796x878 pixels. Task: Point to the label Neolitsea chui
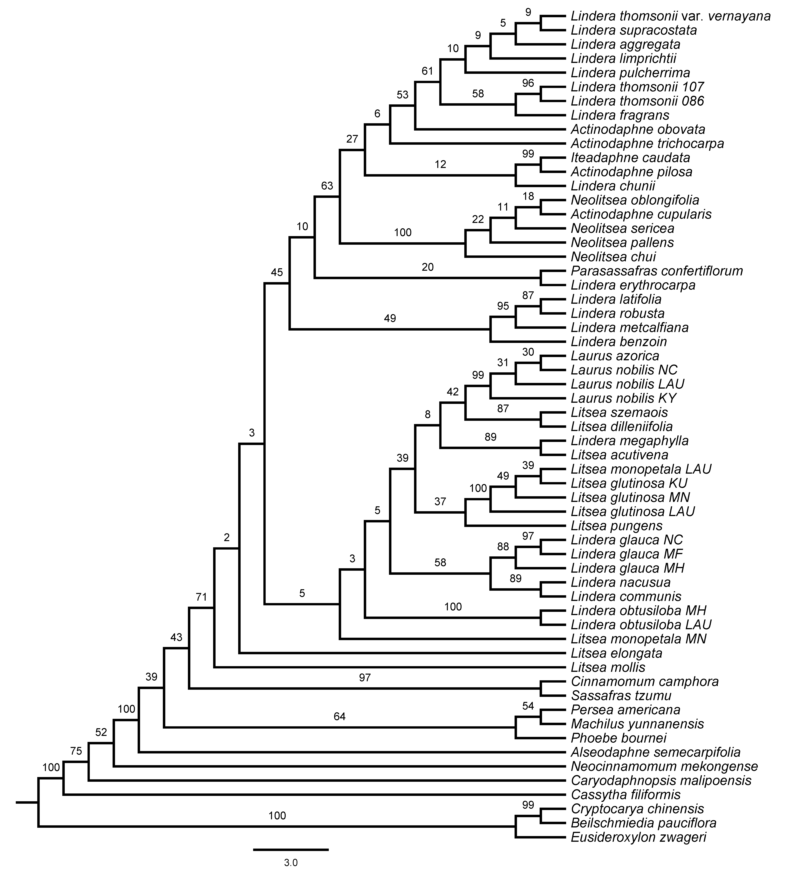(613, 257)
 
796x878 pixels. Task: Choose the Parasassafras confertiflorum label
(657, 271)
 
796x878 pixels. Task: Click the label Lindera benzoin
(619, 342)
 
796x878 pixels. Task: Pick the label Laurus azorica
(615, 356)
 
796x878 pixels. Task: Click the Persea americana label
(625, 710)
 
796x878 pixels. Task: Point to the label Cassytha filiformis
(625, 795)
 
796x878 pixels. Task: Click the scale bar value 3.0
(291, 863)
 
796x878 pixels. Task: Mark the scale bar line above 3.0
(291, 849)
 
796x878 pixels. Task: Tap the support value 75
(76, 750)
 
